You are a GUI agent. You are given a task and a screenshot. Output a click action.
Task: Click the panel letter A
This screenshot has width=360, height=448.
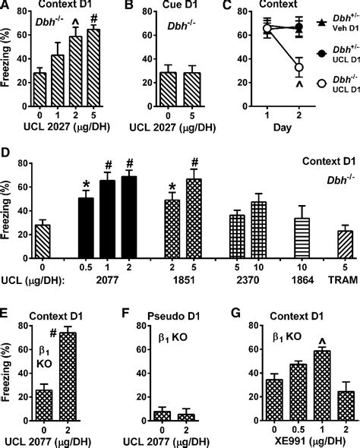point(6,8)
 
